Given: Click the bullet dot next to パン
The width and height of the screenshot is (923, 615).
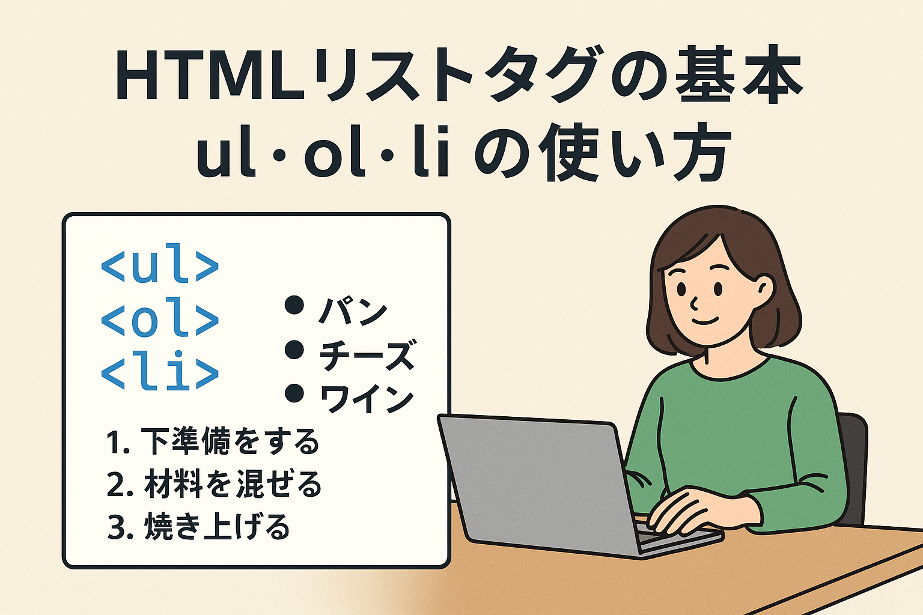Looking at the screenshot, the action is (294, 305).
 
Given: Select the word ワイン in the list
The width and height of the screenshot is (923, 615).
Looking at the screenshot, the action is (367, 399).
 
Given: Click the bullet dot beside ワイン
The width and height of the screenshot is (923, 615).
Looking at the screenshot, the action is (294, 394).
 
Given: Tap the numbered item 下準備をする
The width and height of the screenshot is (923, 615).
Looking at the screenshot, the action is (230, 441).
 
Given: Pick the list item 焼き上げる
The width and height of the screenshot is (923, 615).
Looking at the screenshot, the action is (217, 527).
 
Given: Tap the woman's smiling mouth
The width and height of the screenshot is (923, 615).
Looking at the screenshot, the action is (705, 321).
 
